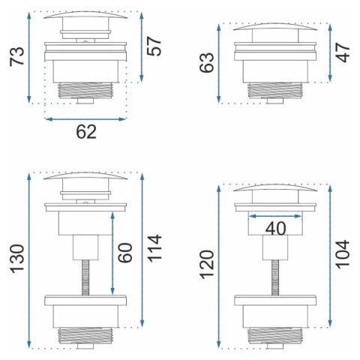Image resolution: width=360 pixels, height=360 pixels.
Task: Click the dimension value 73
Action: (x=17, y=57)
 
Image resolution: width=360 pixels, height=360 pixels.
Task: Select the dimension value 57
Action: (x=154, y=46)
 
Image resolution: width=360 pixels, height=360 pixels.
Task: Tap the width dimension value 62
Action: (x=86, y=132)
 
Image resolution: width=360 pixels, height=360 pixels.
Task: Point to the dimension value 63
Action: (x=207, y=63)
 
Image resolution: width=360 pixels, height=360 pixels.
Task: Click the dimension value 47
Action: (x=343, y=52)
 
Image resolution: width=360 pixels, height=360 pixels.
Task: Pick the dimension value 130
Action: (x=17, y=259)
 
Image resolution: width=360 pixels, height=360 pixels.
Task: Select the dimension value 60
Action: (x=125, y=253)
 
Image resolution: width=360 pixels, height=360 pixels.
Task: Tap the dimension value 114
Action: (x=154, y=248)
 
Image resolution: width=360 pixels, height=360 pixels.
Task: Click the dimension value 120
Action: (x=207, y=265)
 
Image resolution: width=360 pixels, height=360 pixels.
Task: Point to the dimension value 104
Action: (x=343, y=254)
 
